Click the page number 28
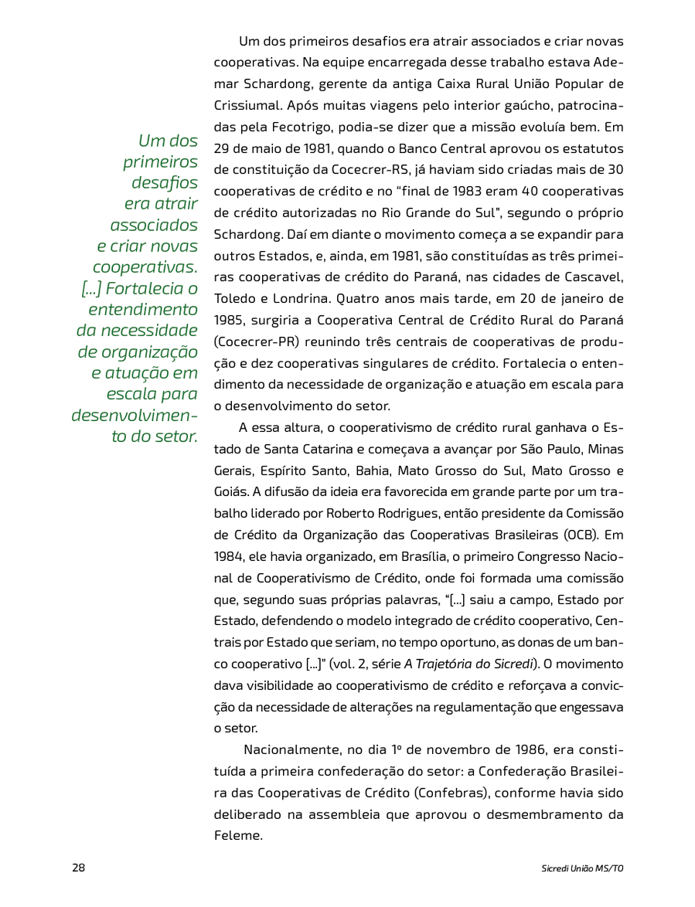click(79, 867)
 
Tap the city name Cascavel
click(591, 276)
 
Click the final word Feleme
click(238, 835)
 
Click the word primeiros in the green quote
click(160, 162)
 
